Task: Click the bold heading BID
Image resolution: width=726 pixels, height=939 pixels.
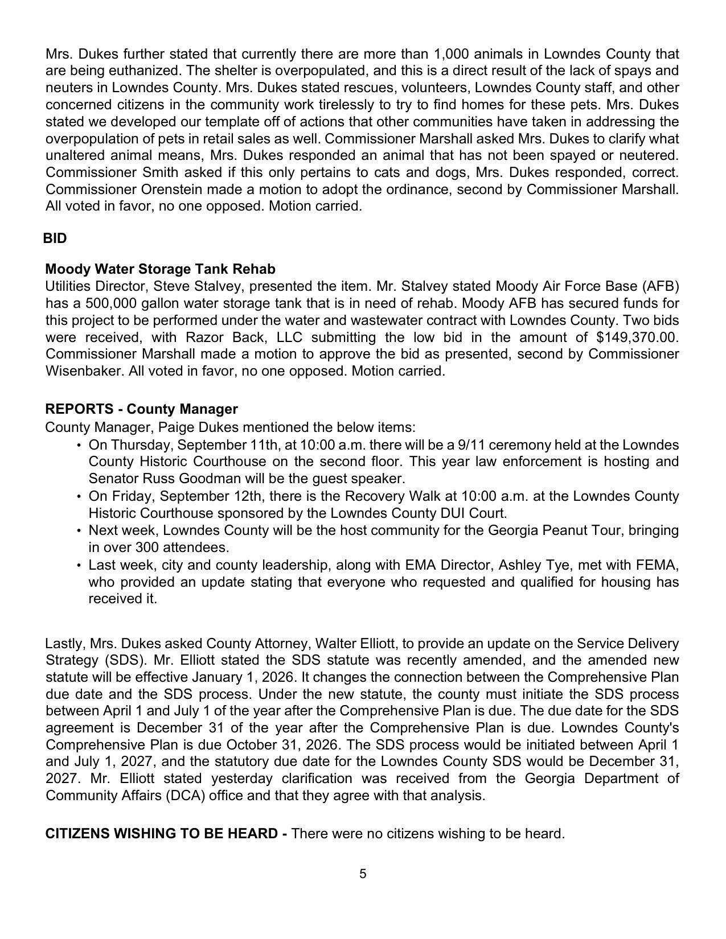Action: click(55, 238)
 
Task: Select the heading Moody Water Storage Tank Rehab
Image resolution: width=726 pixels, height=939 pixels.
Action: click(160, 269)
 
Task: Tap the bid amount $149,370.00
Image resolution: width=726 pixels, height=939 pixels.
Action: click(637, 337)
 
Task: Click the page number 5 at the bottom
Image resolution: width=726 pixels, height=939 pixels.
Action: click(363, 874)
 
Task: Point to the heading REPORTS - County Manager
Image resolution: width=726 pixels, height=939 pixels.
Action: click(141, 409)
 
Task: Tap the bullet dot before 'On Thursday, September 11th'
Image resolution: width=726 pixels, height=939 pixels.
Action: click(78, 445)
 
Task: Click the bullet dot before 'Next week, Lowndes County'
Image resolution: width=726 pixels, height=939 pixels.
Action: click(78, 531)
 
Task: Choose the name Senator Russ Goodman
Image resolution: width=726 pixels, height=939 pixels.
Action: click(159, 479)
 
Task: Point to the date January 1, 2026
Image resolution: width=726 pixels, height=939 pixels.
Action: click(243, 677)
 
